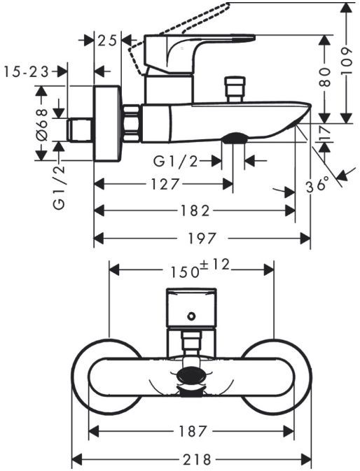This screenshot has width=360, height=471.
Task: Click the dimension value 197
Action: tap(201, 239)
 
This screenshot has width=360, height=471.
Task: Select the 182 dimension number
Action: tap(195, 211)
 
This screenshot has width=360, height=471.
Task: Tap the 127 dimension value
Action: tap(165, 184)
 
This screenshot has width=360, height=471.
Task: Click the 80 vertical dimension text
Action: tap(325, 77)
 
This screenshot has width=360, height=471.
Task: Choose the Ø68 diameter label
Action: tap(42, 125)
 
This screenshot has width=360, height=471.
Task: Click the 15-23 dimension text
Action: tap(27, 72)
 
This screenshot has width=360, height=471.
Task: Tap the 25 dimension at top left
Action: tap(107, 41)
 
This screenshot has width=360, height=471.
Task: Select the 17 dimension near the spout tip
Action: tap(325, 133)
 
